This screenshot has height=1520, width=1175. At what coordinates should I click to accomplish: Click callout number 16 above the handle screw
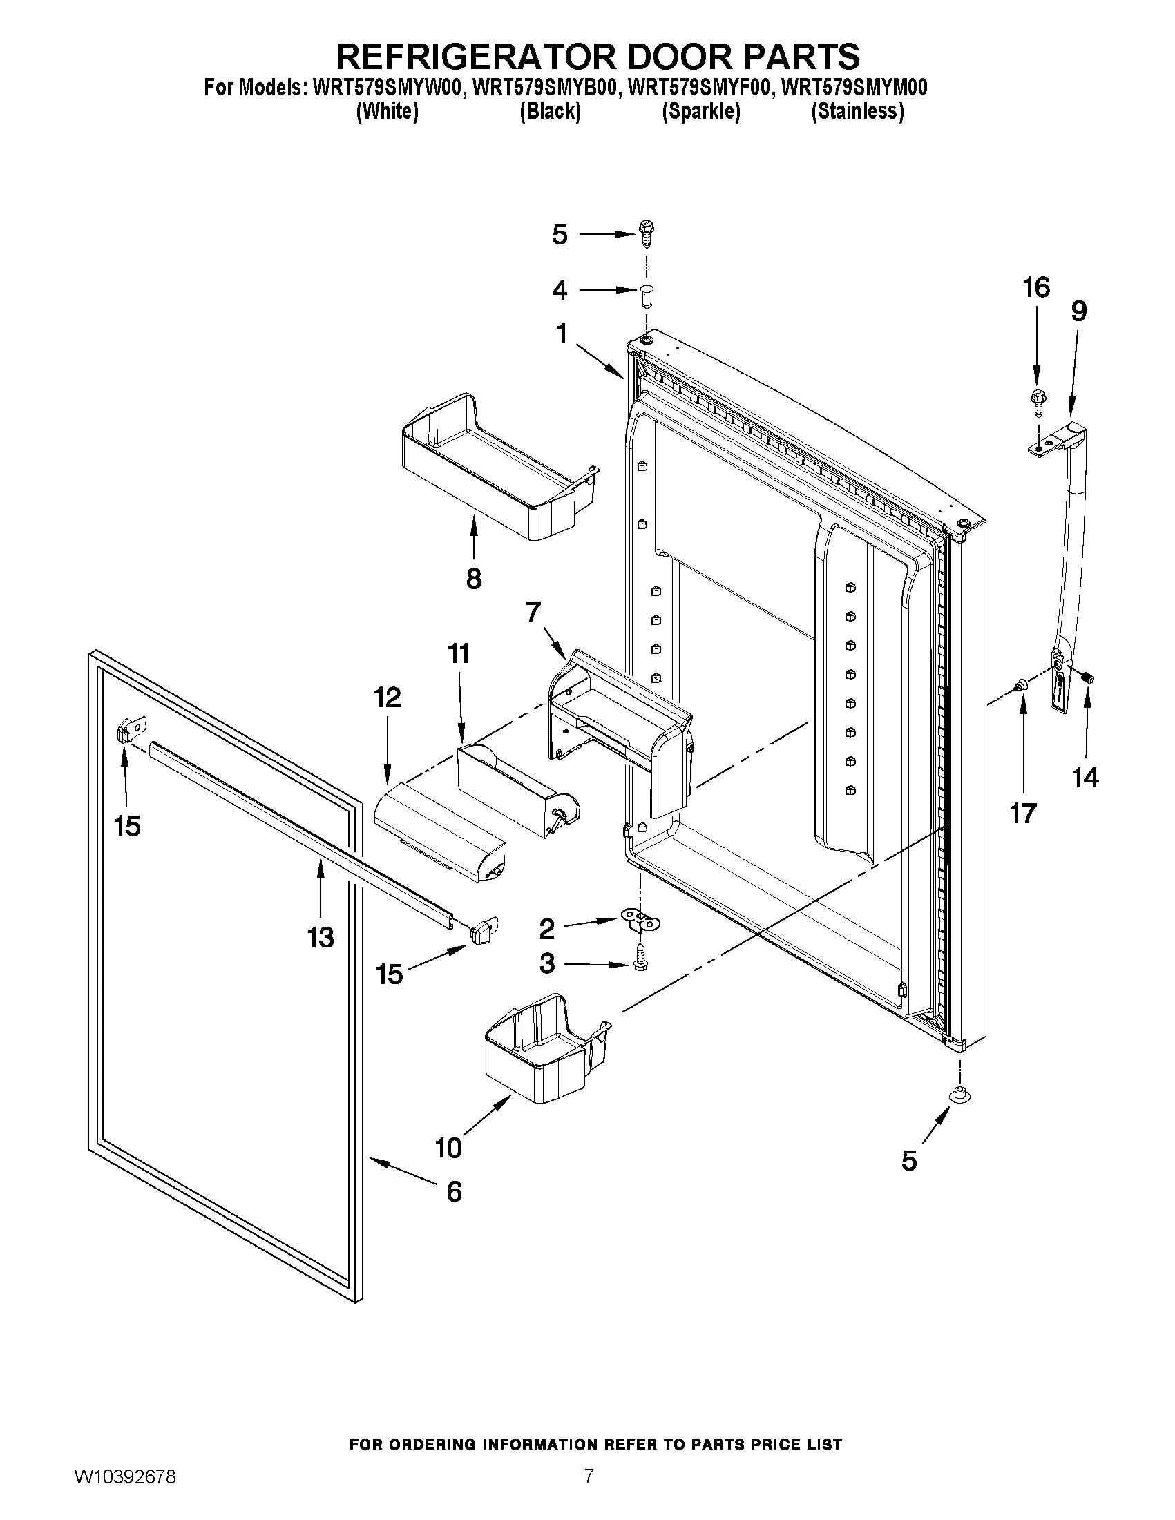pos(1035,287)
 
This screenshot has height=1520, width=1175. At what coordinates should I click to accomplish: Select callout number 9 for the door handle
pos(1078,311)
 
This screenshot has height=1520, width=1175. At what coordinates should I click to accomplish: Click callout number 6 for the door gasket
pos(453,1192)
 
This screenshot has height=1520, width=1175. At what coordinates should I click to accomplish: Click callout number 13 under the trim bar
pos(321,937)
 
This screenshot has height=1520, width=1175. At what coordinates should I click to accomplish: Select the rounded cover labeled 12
pos(440,831)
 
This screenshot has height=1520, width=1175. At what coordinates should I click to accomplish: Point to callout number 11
pos(459,653)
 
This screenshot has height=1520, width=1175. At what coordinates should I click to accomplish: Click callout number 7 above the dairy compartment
pos(533,612)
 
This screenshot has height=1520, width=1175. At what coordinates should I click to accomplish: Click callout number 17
pos(1023,813)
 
